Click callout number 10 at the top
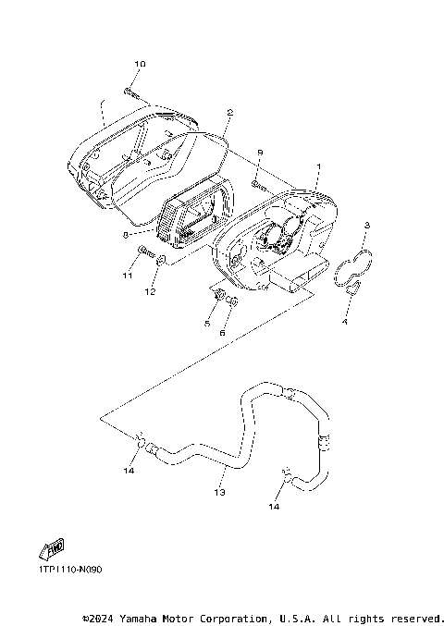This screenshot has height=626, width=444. click(x=140, y=64)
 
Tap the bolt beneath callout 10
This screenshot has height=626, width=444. click(x=131, y=93)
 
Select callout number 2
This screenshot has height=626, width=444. click(x=229, y=113)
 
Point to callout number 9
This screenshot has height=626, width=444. click(x=260, y=153)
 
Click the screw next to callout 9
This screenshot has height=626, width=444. click(x=259, y=185)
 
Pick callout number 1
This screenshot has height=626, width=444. click(x=318, y=166)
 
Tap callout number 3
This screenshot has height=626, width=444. click(x=367, y=226)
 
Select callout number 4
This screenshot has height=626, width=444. click(x=345, y=322)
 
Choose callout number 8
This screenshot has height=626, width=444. click(x=126, y=235)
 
